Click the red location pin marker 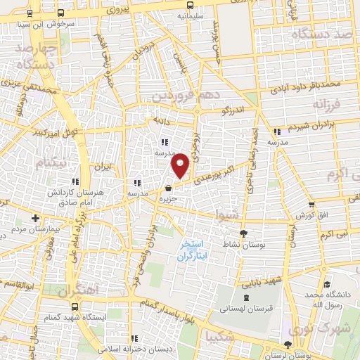[181, 165]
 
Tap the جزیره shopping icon [168, 188]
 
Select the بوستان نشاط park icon [244, 233]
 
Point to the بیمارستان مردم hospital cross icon [15, 219]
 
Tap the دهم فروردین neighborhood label [181, 94]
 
